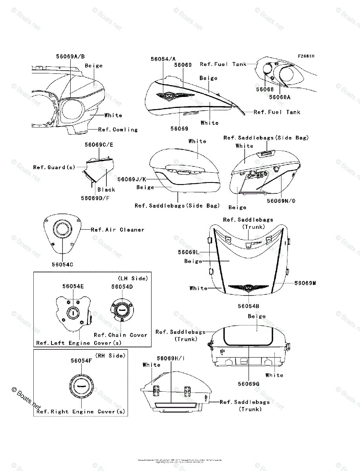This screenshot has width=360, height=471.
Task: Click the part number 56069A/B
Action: coord(70,56)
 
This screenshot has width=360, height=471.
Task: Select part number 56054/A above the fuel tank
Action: coord(163,59)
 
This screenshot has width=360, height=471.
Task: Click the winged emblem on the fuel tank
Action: coord(167,95)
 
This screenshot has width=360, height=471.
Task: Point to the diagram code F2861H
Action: coord(306,56)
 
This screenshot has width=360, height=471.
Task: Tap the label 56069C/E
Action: coord(99,145)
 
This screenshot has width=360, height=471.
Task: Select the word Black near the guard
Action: coord(106,189)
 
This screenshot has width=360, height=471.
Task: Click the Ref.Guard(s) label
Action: coord(54,167)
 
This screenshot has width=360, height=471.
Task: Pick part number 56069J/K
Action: coord(132,179)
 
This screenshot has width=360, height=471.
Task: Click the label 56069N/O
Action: coord(281,201)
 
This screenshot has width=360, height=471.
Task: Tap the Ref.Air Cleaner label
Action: coord(117,230)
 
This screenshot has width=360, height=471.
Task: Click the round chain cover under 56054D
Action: coord(122,310)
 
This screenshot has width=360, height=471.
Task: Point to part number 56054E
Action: coord(73,286)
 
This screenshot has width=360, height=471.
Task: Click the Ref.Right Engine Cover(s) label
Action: coord(80,412)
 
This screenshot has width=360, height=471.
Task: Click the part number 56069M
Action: coord(305,283)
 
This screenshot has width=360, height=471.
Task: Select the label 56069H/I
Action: coord(171,358)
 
